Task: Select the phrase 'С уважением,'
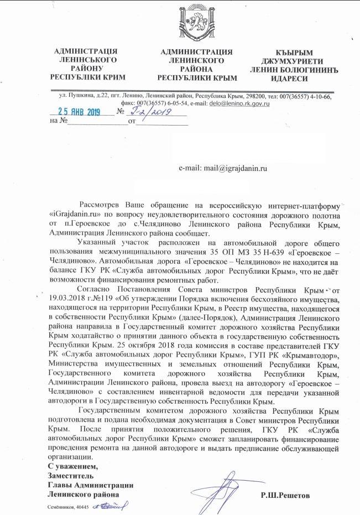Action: (68, 468)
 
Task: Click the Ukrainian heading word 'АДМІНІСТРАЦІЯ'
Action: (87, 52)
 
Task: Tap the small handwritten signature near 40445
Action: (111, 506)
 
